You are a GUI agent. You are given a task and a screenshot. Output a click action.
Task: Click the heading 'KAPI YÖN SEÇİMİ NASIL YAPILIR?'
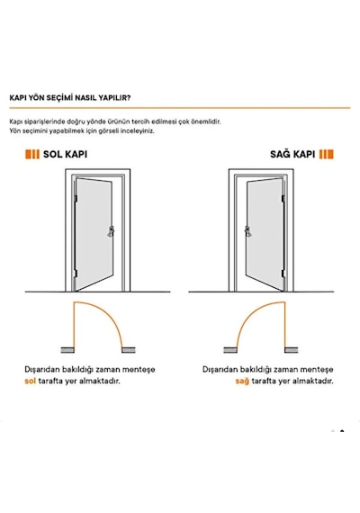point(70,97)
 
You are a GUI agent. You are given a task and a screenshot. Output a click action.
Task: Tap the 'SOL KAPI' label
point(65,154)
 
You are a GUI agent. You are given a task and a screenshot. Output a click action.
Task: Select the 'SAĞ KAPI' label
point(292,154)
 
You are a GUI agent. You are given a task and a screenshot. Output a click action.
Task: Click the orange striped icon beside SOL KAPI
point(32,154)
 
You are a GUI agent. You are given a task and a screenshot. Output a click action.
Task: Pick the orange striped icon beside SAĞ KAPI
point(327,154)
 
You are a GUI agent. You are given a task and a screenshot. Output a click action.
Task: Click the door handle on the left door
point(111,231)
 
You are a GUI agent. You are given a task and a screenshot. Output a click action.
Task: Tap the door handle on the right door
point(247,231)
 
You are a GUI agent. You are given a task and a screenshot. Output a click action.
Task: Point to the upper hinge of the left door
point(76,199)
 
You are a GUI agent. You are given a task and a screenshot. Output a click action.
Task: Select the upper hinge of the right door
point(283,199)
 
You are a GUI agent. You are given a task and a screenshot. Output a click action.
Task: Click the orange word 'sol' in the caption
point(30,381)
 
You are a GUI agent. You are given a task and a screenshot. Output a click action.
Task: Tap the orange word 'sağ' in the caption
point(242,382)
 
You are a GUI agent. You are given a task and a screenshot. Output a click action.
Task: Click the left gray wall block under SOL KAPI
point(67,350)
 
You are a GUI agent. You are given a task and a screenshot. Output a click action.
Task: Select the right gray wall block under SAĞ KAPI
point(291,350)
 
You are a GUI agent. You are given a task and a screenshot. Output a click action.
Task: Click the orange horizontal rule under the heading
point(180,108)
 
